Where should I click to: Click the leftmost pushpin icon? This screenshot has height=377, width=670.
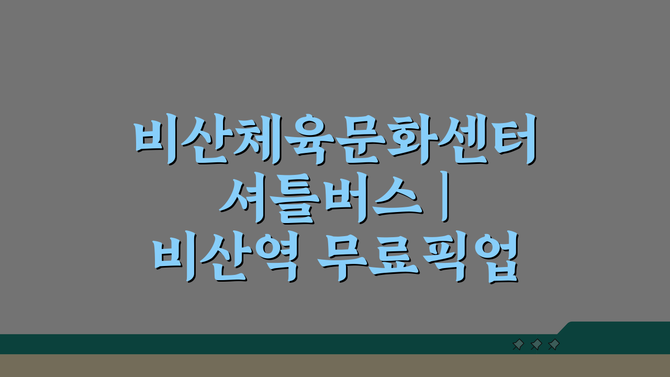pos(518,345)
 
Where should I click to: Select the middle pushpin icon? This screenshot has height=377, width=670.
pos(536,345)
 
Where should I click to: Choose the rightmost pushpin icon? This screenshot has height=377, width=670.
pos(554,345)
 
